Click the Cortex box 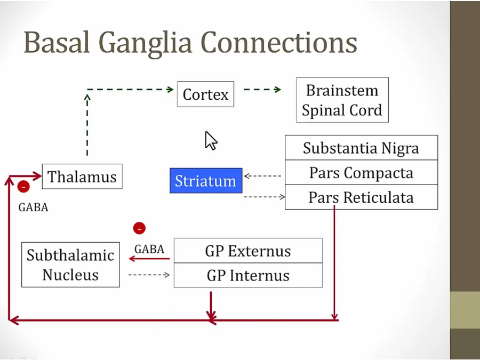coord(205,94)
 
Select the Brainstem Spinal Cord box coord(342,100)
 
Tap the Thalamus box coord(82,177)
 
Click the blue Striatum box coord(205,181)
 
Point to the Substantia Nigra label coord(361,148)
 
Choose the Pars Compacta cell coord(361,173)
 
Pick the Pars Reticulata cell coord(361,197)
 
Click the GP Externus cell coord(248,251)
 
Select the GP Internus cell coord(248,275)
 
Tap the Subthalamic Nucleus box coord(70,265)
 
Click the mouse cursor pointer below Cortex coord(210,140)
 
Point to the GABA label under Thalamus coord(33,207)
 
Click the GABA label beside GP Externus coord(149,249)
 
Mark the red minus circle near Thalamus coord(23,187)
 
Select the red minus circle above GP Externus coord(139,228)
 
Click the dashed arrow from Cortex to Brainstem coord(262,90)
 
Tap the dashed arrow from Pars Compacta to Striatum coord(262,175)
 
